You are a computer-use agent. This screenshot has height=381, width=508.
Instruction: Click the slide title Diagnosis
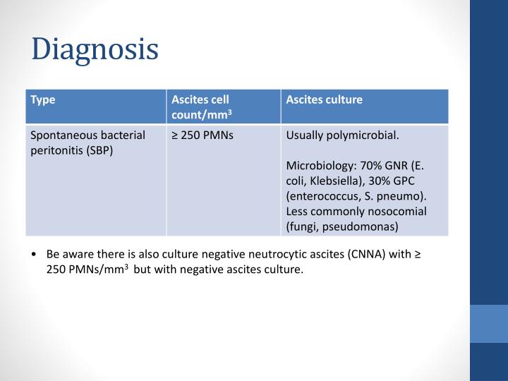tap(95, 49)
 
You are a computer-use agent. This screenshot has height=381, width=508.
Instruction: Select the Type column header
tap(43, 100)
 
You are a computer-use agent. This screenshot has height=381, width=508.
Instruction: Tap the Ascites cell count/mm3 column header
tap(201, 107)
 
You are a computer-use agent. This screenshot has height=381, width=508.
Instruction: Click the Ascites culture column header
tap(324, 100)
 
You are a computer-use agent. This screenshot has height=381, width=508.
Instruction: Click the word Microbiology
tap(315, 166)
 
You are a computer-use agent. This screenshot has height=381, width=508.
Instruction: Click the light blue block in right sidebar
tap(489, 324)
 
